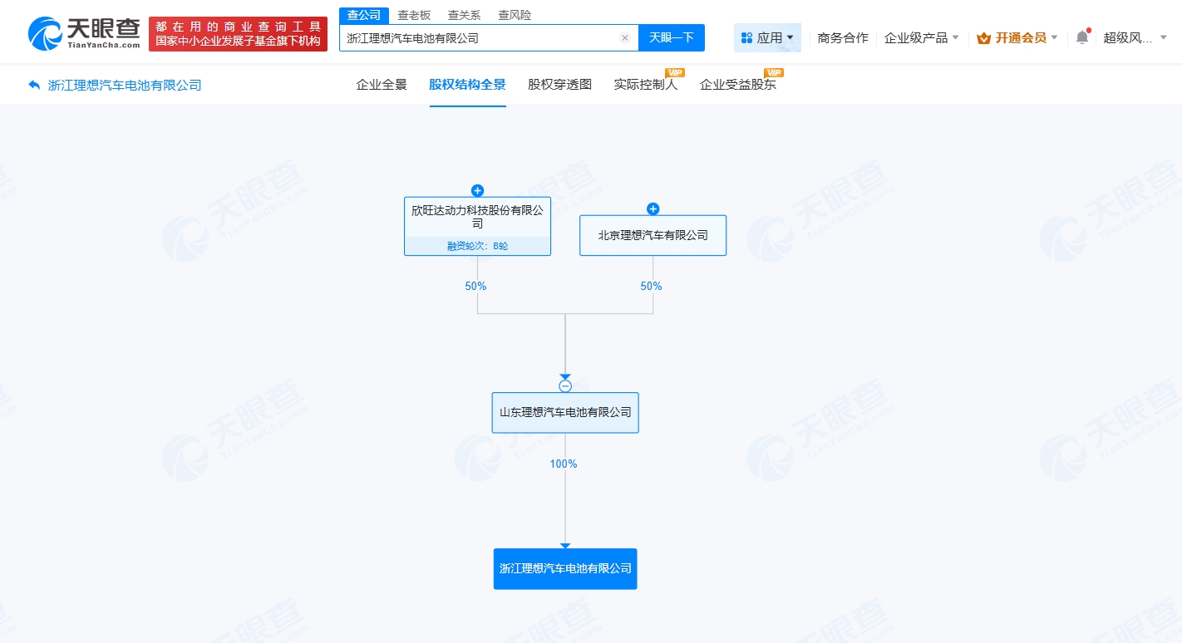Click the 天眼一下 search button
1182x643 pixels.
(671, 38)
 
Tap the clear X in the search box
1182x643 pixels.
(625, 38)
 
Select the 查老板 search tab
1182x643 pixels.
(414, 15)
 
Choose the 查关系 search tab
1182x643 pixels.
(464, 15)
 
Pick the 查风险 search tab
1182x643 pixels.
(515, 15)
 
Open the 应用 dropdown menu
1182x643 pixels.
(767, 38)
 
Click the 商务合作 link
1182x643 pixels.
(843, 38)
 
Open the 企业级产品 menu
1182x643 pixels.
(921, 38)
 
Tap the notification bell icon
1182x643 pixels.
(1081, 37)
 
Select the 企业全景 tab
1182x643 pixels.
(382, 85)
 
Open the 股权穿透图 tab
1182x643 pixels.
(559, 85)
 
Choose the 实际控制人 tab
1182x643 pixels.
(646, 85)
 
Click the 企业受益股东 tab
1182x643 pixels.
(738, 85)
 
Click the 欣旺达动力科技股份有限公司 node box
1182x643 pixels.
(477, 218)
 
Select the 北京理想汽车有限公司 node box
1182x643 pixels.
(653, 235)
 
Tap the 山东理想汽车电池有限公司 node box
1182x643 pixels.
(565, 412)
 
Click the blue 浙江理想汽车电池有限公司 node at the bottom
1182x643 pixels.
(565, 569)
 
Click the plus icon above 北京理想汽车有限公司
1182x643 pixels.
(653, 209)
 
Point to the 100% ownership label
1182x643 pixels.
(564, 464)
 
